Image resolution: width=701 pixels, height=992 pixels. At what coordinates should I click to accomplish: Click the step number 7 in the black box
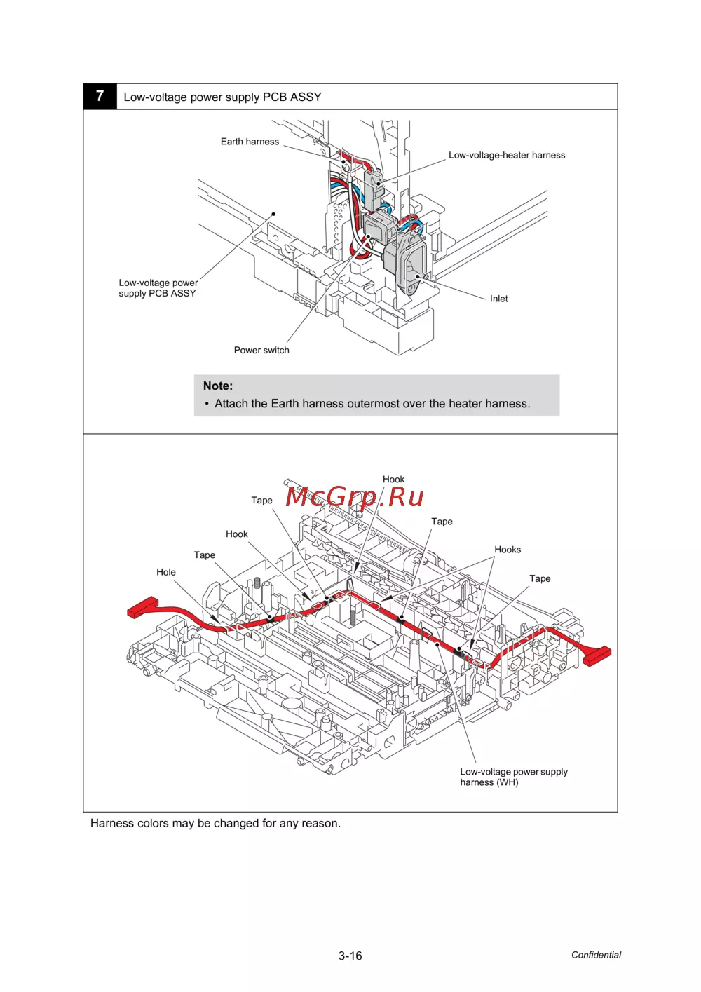click(x=100, y=96)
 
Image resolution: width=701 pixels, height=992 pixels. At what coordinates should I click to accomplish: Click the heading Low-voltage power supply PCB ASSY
click(x=222, y=97)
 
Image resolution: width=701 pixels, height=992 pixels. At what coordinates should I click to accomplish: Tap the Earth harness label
click(x=250, y=142)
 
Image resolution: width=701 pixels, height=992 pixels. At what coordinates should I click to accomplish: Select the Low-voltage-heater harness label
click(x=506, y=156)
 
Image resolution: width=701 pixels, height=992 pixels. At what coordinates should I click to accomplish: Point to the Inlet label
click(x=498, y=299)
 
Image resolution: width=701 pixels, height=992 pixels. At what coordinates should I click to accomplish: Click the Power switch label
click(x=261, y=351)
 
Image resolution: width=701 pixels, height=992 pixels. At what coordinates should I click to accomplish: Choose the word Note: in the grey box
click(x=218, y=386)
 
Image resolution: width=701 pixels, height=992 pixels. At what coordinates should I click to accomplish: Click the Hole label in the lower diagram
click(x=166, y=572)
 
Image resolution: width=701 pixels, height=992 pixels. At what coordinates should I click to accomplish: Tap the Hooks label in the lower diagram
click(x=508, y=550)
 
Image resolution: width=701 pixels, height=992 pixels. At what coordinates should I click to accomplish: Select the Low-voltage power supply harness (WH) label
click(x=513, y=777)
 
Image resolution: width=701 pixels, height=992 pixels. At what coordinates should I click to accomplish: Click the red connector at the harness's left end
click(x=143, y=607)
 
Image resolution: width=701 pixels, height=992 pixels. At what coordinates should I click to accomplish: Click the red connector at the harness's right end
click(x=597, y=655)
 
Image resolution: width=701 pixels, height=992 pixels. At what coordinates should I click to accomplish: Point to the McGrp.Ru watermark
click(x=355, y=497)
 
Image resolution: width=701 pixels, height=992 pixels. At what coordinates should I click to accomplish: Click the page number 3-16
click(x=350, y=956)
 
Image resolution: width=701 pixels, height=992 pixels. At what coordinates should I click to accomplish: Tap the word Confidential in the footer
click(x=596, y=955)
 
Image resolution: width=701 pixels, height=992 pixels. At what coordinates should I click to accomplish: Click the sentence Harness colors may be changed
click(x=215, y=823)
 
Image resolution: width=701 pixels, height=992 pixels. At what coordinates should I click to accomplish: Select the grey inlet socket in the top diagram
click(x=411, y=263)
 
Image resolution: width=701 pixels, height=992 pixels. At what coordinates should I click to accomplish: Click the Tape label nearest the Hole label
click(x=205, y=555)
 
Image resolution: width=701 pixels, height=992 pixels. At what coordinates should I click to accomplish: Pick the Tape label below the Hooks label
click(x=540, y=578)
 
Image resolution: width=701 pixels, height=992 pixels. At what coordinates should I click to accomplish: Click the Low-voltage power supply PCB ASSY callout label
click(x=158, y=288)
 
